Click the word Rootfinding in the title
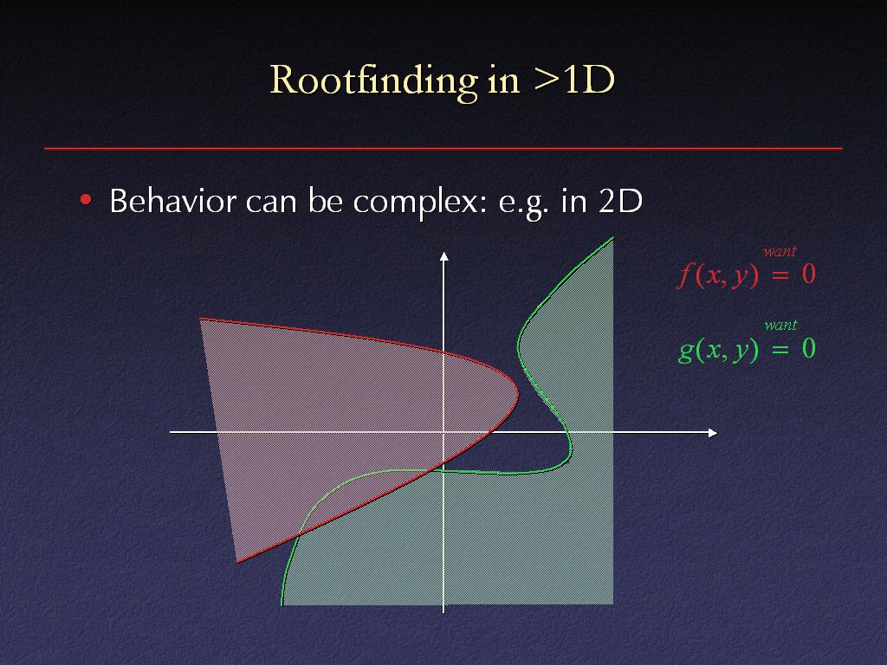pos(374,81)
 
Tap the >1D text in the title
pos(573,79)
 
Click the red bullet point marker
pos(86,200)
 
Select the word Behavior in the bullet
pos(173,201)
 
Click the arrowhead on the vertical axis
pos(444,256)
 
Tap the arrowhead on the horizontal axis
pos(713,433)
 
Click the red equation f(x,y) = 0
pos(746,274)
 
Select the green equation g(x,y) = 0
pos(747,349)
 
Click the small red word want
pos(780,251)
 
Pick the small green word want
pos(780,326)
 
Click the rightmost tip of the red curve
pos(518,394)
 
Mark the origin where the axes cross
pos(443,433)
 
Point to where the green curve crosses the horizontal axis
pos(567,433)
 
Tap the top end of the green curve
pos(613,238)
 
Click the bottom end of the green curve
pos(282,605)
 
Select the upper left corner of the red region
pos(200,320)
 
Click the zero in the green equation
pos(809,348)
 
